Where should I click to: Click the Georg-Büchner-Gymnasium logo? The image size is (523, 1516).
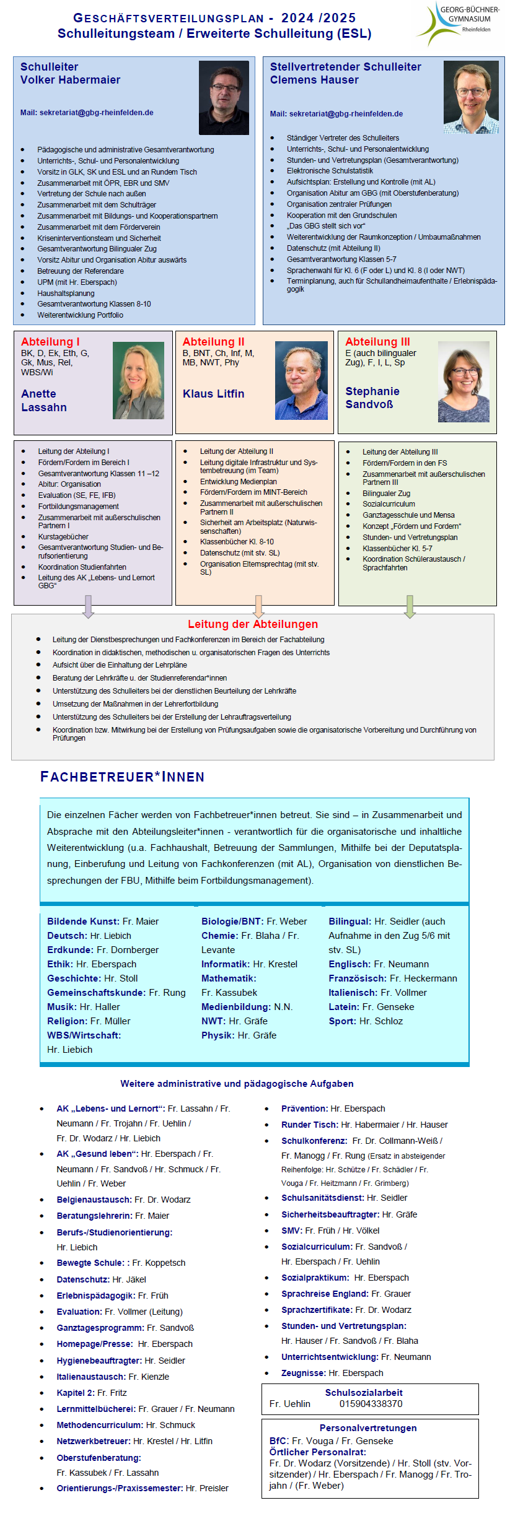click(x=459, y=24)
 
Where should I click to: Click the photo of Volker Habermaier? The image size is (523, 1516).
click(x=224, y=97)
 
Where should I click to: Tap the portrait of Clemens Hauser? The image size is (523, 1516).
click(x=471, y=97)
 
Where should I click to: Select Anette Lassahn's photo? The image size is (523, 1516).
click(x=138, y=381)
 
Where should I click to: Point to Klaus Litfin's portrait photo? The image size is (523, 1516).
click(x=301, y=380)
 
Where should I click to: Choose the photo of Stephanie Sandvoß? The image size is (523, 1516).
click(x=464, y=381)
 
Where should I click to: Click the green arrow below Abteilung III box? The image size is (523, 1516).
click(x=410, y=606)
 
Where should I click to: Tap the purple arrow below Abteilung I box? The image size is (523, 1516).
click(x=89, y=606)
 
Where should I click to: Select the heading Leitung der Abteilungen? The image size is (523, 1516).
click(x=253, y=624)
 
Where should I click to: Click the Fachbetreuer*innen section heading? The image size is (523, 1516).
click(x=122, y=777)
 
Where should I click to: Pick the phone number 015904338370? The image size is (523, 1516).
click(x=371, y=1404)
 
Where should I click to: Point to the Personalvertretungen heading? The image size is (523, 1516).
click(x=368, y=1428)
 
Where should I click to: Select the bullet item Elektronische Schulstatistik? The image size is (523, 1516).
click(x=330, y=171)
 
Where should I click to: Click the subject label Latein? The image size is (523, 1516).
click(x=344, y=1007)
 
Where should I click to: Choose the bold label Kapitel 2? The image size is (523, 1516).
click(x=76, y=1393)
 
